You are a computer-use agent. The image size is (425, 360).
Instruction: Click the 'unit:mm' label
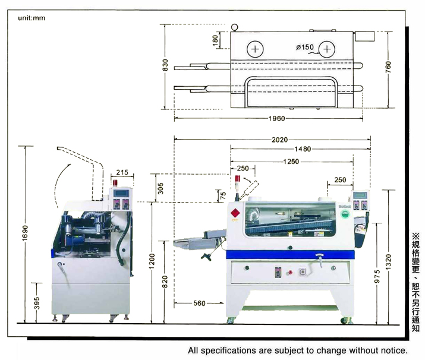point(32,18)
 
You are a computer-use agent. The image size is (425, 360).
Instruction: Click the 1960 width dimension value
point(276,118)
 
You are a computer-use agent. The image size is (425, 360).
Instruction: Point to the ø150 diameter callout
point(304,47)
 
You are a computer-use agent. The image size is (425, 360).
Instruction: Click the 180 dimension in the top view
point(215,40)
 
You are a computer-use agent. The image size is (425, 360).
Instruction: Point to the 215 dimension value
point(122,172)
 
